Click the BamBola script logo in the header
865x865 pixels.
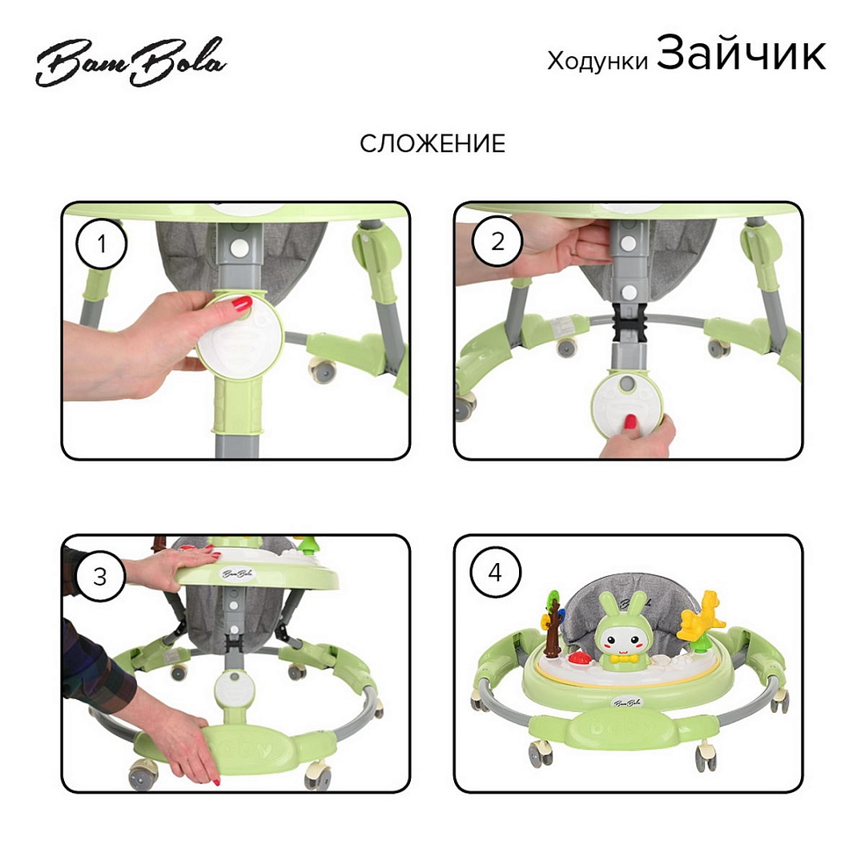[131, 62]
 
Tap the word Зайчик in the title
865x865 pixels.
[741, 53]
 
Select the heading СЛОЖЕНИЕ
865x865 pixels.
[432, 144]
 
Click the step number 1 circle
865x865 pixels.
[102, 243]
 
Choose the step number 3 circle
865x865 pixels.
[100, 577]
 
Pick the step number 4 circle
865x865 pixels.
[495, 572]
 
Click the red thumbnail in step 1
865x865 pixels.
[241, 303]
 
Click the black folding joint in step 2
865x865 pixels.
[629, 323]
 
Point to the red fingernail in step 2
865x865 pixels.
[630, 423]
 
